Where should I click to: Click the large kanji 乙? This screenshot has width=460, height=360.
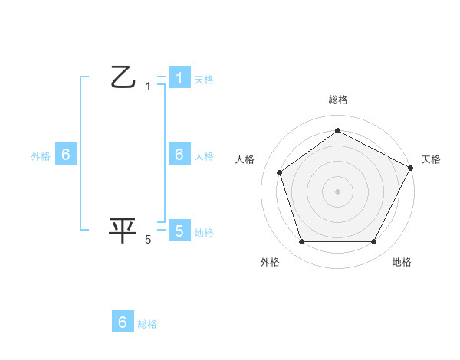123,77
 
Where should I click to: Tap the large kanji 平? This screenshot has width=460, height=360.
123,231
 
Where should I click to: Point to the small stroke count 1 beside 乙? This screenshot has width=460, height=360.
148,87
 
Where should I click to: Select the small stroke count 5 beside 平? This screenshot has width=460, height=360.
148,240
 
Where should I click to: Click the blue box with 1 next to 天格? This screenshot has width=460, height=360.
179,78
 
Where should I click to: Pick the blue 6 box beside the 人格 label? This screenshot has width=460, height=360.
179,155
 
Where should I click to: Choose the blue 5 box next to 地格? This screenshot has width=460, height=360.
179,231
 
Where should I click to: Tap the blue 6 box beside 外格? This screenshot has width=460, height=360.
66,155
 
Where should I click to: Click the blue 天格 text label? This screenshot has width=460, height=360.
204,79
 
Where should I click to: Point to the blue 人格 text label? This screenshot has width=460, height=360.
204,155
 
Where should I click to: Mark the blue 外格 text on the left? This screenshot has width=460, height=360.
41,155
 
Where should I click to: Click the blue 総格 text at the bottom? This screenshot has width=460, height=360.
147,324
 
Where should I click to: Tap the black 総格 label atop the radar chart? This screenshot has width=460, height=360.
337,100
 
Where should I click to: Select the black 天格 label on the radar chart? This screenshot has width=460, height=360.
431,159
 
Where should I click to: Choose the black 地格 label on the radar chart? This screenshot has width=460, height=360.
402,262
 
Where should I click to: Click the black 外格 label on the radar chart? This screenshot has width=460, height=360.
270,262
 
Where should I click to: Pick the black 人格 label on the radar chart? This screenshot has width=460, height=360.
245,159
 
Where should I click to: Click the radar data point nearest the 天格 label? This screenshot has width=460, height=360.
411,168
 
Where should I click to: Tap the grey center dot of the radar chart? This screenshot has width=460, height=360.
337,191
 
